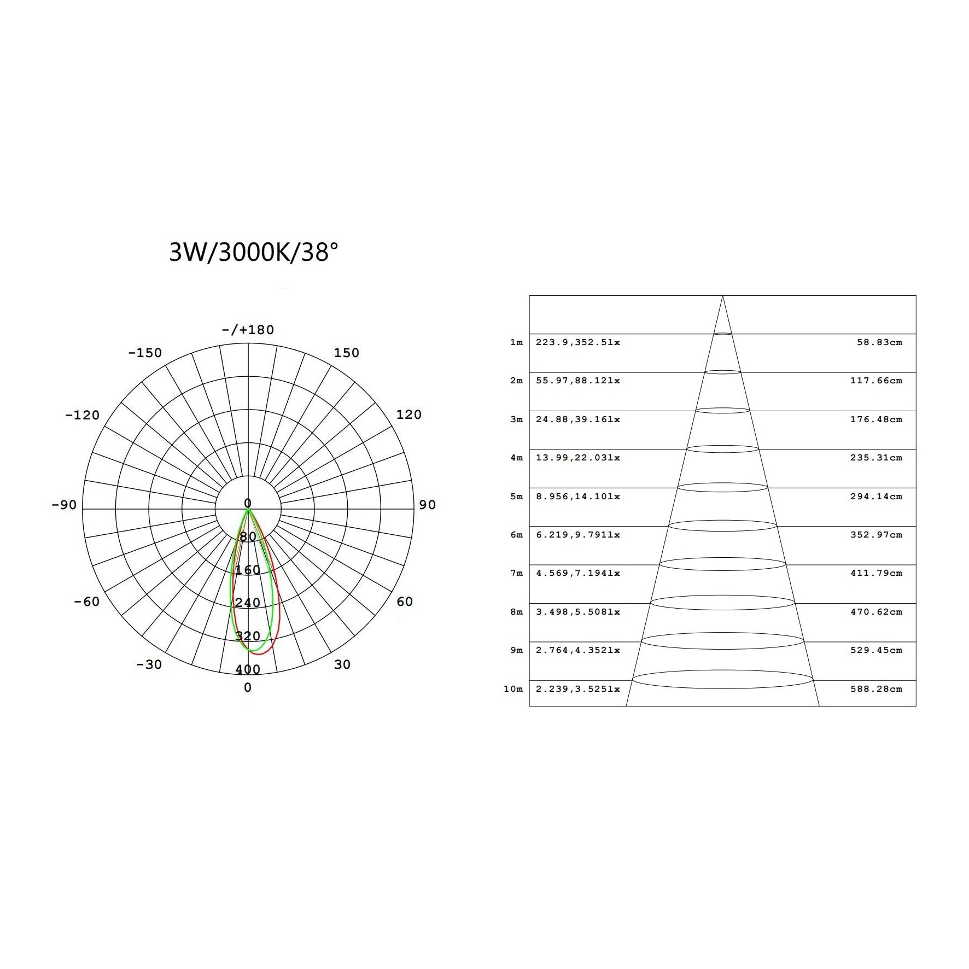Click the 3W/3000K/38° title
coord(254,253)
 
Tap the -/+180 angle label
coord(248,330)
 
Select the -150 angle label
coord(145,353)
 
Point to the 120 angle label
coord(408,415)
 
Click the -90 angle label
coord(64,505)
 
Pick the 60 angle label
coord(404,602)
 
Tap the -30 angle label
coord(149,664)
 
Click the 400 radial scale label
coord(248,670)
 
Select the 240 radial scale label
coord(248,603)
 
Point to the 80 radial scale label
coord(248,537)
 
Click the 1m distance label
coord(516,342)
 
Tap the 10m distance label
coord(513,689)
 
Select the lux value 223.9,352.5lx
coord(577,342)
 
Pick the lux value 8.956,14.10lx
coord(577,497)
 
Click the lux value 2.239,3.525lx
coord(577,689)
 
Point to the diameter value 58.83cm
coord(879,342)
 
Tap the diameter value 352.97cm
coord(876,535)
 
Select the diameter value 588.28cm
coord(876,689)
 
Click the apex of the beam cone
coord(722,296)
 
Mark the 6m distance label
coord(516,535)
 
